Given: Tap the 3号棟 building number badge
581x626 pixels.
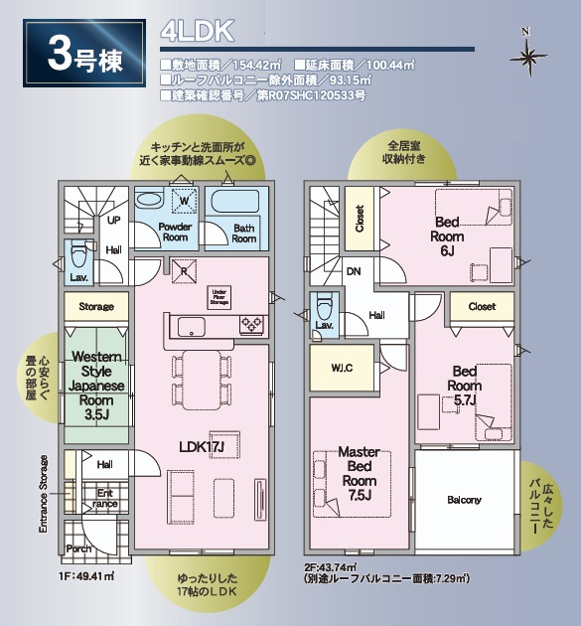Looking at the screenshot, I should (x=83, y=56).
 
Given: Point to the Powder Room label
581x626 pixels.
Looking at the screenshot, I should (x=175, y=232).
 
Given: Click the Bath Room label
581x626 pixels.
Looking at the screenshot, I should (x=244, y=233).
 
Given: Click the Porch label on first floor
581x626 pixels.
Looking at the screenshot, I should (x=78, y=548).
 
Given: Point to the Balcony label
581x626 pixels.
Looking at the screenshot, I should (x=464, y=500).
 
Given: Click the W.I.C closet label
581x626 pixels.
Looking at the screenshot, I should (x=342, y=368).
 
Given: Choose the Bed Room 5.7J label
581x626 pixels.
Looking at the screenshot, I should (x=464, y=386).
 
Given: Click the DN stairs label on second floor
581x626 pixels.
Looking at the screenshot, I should (x=354, y=269).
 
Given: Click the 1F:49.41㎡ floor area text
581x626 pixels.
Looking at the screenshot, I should (x=89, y=575).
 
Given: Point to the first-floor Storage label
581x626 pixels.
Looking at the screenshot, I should (x=96, y=307).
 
